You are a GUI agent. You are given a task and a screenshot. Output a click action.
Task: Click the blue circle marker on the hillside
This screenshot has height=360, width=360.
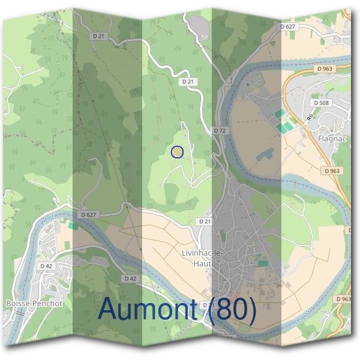176,152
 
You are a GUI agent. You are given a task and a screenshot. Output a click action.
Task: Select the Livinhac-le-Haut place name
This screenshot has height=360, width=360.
202,257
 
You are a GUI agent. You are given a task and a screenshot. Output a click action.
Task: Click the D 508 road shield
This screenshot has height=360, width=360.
323,103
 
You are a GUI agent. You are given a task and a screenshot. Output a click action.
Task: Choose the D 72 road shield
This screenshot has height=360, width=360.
220,130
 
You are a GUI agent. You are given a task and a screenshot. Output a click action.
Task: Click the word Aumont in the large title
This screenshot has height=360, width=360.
148,309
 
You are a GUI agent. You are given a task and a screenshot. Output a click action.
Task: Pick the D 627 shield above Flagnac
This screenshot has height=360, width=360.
288,26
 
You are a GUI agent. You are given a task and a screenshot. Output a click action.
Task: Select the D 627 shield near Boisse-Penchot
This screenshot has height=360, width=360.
88,214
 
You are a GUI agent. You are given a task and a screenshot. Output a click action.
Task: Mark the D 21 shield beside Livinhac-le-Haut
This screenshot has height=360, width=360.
205,221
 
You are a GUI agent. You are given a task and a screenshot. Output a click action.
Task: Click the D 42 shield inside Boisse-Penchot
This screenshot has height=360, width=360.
47,266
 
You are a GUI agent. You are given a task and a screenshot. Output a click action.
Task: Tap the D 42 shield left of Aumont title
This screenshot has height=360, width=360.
130,278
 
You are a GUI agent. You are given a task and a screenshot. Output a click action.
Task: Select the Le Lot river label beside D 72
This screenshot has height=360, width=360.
228,109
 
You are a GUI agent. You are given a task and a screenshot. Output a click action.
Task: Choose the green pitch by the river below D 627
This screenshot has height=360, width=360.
73,226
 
